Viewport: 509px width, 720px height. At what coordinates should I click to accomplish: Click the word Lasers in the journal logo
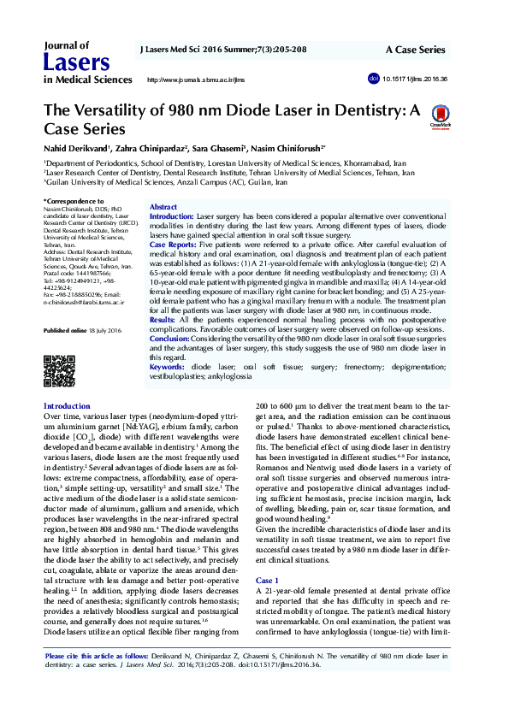76,62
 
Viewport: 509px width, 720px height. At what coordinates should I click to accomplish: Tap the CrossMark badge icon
441,116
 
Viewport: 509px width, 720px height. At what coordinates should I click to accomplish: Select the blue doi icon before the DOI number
372,79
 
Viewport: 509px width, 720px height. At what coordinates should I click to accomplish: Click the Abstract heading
163,208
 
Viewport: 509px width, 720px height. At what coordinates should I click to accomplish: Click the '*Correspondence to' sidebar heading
75,202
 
